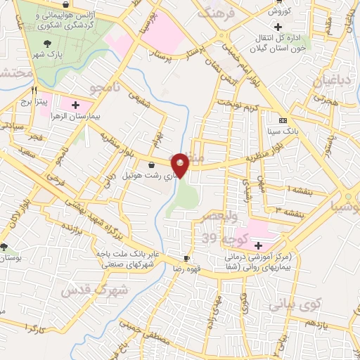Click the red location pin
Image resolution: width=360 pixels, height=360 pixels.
coord(181,166)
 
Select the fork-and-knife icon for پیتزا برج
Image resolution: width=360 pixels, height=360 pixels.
coord(34,91)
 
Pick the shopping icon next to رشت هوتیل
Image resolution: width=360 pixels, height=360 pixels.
coord(152,165)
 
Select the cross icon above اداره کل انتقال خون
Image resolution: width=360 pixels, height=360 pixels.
coord(328,27)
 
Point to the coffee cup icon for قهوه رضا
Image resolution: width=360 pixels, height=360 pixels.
coord(186,258)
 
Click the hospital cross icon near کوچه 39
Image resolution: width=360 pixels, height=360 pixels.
coord(259,245)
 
